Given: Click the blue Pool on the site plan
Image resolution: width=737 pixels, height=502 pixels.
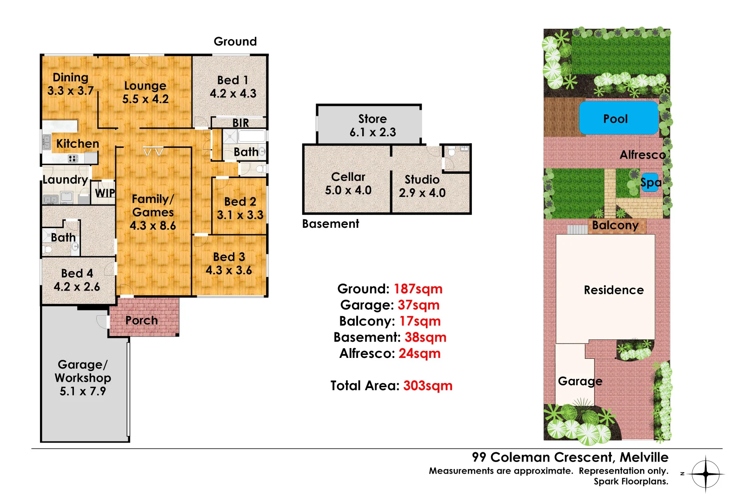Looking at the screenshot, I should pos(618,119).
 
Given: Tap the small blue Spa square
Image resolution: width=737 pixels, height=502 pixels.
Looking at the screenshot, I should pos(651,182).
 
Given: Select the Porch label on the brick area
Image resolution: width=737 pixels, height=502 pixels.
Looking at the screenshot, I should pos(141,320).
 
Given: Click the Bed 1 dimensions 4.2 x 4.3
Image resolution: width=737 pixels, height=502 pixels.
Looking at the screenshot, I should pos(233,93).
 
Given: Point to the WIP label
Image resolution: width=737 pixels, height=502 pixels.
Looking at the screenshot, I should pos(105,193).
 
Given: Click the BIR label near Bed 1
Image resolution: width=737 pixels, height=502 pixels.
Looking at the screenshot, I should pos(240,123).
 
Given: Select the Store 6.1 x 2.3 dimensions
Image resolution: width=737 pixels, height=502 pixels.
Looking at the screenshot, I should pos(372,132).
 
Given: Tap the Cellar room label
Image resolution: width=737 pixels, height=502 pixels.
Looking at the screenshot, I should pos(348,177).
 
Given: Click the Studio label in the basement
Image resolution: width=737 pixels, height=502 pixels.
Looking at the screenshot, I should pos(422,179).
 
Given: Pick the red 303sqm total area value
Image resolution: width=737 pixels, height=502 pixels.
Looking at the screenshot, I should pos(427,386).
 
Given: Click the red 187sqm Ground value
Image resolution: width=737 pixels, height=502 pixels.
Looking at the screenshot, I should pos(418,289).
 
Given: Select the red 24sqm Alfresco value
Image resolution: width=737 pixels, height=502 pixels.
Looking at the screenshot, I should pos(419,354).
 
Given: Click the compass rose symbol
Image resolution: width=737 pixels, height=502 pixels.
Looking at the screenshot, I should pos(705,474).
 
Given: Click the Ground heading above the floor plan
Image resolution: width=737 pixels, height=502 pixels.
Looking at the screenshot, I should pos(235,41).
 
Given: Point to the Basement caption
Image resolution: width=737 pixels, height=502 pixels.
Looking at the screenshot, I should pos(330,224).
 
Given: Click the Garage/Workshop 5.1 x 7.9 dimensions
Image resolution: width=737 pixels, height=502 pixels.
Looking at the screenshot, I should pos(83,391).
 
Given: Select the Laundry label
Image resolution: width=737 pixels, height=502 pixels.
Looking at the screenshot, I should pos(65,179).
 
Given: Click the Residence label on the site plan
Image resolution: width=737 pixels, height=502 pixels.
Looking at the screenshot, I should pos(613,290).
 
